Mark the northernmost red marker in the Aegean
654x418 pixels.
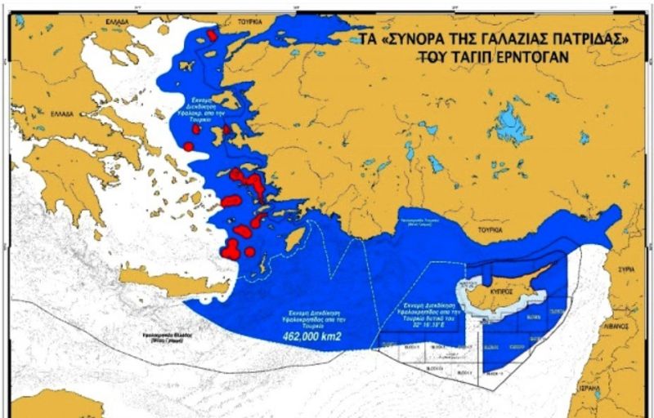(213, 35)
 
